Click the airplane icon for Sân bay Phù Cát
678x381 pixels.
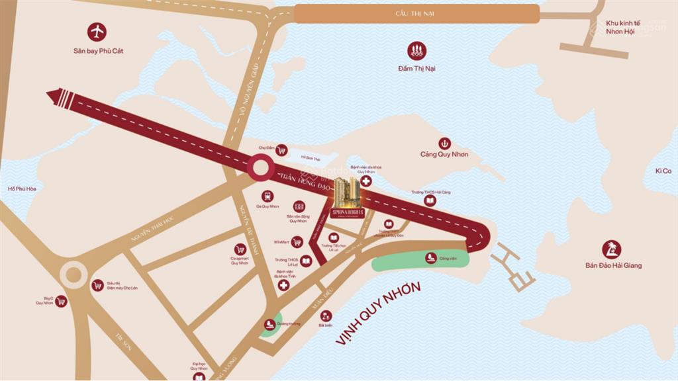[x=97, y=31]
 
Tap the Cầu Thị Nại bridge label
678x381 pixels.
[x=416, y=14]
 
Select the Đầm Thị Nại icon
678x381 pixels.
[x=416, y=50]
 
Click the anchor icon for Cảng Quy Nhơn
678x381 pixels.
[x=444, y=143]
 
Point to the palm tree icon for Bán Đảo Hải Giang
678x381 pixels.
[x=612, y=249]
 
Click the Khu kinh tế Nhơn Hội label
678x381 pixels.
[x=615, y=27]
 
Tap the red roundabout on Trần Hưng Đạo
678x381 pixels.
[x=261, y=167]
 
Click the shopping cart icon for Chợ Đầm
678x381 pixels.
[x=281, y=150]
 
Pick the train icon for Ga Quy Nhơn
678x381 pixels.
[x=267, y=196]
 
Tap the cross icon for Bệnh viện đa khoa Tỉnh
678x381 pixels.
[x=283, y=285]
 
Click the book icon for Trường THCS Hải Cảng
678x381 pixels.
[x=430, y=200]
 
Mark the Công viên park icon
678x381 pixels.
[x=430, y=257]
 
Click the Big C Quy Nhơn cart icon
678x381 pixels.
[x=61, y=301]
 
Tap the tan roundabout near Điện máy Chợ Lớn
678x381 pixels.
[x=73, y=274]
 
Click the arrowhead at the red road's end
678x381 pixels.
[x=56, y=97]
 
